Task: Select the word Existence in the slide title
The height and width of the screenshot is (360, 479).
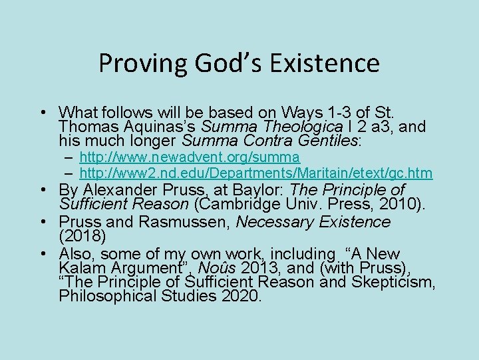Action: coord(323,63)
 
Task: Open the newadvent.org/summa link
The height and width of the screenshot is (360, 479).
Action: coord(190,157)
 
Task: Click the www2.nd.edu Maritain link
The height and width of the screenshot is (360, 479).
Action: coord(256,173)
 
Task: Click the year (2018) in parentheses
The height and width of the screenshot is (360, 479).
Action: coord(82,236)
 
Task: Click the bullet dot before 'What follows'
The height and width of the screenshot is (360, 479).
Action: coord(42,111)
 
